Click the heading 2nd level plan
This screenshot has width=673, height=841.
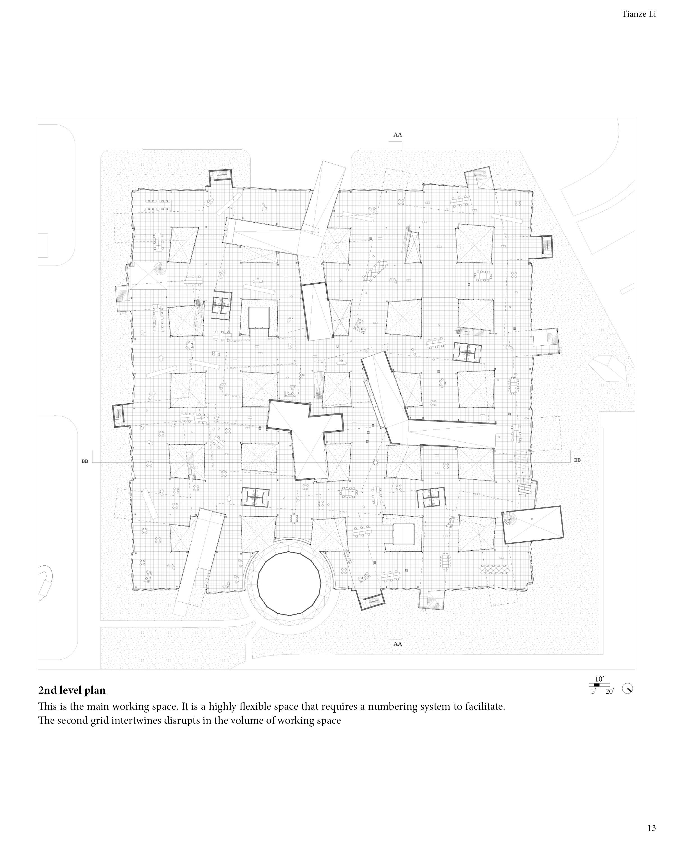click(x=72, y=690)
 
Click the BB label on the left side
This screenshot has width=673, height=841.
click(x=85, y=461)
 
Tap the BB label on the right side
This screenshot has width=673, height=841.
click(x=577, y=460)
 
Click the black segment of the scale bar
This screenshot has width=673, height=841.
click(x=596, y=685)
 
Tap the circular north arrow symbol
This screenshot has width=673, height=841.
click(x=627, y=688)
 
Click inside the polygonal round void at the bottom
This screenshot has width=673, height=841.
click(x=289, y=583)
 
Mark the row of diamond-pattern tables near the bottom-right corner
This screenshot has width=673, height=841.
click(x=495, y=570)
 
